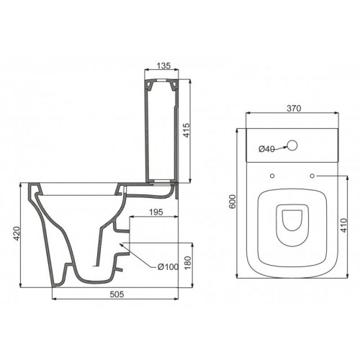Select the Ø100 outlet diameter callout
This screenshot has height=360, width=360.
pos(166,268)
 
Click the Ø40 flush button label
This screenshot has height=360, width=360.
pos(267,149)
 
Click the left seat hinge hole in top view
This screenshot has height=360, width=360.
pos(271,176)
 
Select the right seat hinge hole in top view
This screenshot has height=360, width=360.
pos(314,176)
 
